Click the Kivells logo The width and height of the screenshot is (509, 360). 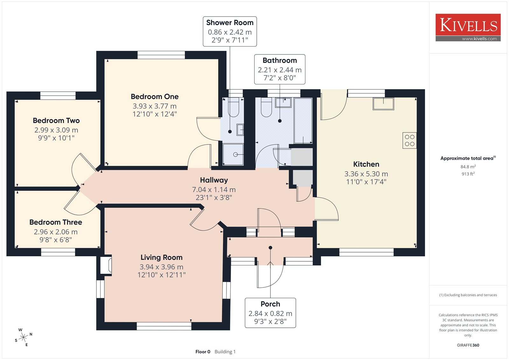[468, 27]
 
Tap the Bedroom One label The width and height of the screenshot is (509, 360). [155, 97]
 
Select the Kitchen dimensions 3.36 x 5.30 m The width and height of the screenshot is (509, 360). [366, 174]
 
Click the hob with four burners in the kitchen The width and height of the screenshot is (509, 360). [409, 141]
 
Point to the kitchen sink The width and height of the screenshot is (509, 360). [383, 104]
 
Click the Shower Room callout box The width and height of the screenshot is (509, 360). [230, 32]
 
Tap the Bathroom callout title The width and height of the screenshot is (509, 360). [280, 60]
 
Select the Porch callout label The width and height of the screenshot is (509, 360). [270, 304]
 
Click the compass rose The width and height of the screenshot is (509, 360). [23, 337]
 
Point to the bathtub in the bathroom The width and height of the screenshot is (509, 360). [303, 121]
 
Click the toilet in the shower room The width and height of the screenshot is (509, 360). [234, 107]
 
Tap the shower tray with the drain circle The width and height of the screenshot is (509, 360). [233, 155]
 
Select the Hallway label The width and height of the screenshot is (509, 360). [214, 180]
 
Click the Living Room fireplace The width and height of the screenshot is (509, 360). [106, 265]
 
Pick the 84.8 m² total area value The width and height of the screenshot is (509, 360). [468, 167]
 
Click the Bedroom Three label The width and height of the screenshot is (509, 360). [56, 222]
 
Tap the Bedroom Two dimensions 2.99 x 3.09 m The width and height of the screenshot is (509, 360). [56, 130]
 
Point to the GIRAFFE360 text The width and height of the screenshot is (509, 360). [468, 345]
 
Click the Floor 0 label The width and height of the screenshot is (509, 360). [203, 352]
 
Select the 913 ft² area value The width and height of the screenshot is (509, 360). [468, 174]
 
